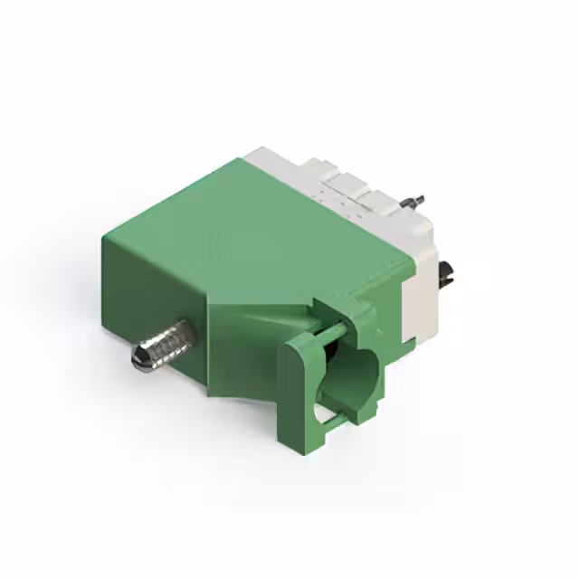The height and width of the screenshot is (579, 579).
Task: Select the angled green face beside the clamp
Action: (244, 353)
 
